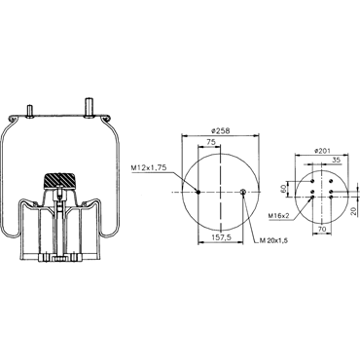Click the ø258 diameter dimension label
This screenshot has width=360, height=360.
pos(220,130)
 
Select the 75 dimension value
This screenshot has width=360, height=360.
pos(211,142)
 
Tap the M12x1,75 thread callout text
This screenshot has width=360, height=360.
pos(149,167)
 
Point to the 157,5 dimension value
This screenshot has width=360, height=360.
pos(222,237)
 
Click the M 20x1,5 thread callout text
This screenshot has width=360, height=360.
pos(273,240)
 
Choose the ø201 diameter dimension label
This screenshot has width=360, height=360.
pos(322,151)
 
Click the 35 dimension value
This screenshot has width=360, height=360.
pos(336,160)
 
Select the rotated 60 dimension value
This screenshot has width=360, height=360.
pos(283,189)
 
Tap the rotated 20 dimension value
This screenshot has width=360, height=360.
pos(354,211)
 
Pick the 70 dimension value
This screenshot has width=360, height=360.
pos(321,229)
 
